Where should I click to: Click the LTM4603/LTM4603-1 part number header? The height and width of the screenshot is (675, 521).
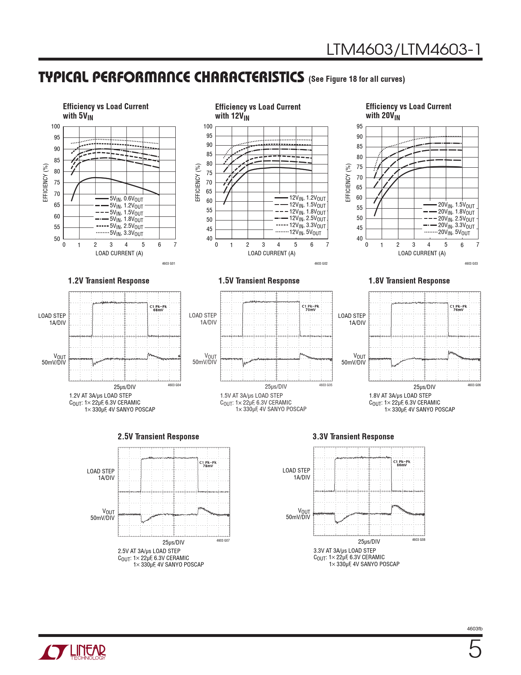coord(404,50)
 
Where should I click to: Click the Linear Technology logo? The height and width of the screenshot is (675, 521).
coord(72,652)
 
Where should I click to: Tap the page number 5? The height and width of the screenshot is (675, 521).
coord(475,650)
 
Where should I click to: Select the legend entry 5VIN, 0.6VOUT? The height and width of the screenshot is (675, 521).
coord(126,199)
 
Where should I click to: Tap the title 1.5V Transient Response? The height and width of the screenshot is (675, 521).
coord(259,281)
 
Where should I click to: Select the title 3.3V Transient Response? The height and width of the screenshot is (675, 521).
coord(353,436)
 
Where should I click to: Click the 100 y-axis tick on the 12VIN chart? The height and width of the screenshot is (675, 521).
coord(208,126)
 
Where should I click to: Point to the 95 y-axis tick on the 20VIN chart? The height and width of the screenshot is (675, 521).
coord(359,126)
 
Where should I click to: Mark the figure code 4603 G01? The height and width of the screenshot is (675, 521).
coord(168,263)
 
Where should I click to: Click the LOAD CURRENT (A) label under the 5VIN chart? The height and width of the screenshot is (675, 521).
coord(119,253)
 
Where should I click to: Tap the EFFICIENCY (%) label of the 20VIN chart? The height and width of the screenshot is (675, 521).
coord(348,182)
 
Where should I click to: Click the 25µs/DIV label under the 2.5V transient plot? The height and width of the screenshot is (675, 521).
coord(174,542)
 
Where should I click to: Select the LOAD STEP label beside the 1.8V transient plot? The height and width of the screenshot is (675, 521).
coord(352,316)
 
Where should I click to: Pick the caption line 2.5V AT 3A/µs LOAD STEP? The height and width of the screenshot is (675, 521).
coord(149,551)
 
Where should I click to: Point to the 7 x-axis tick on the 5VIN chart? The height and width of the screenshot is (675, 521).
coord(175,245)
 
